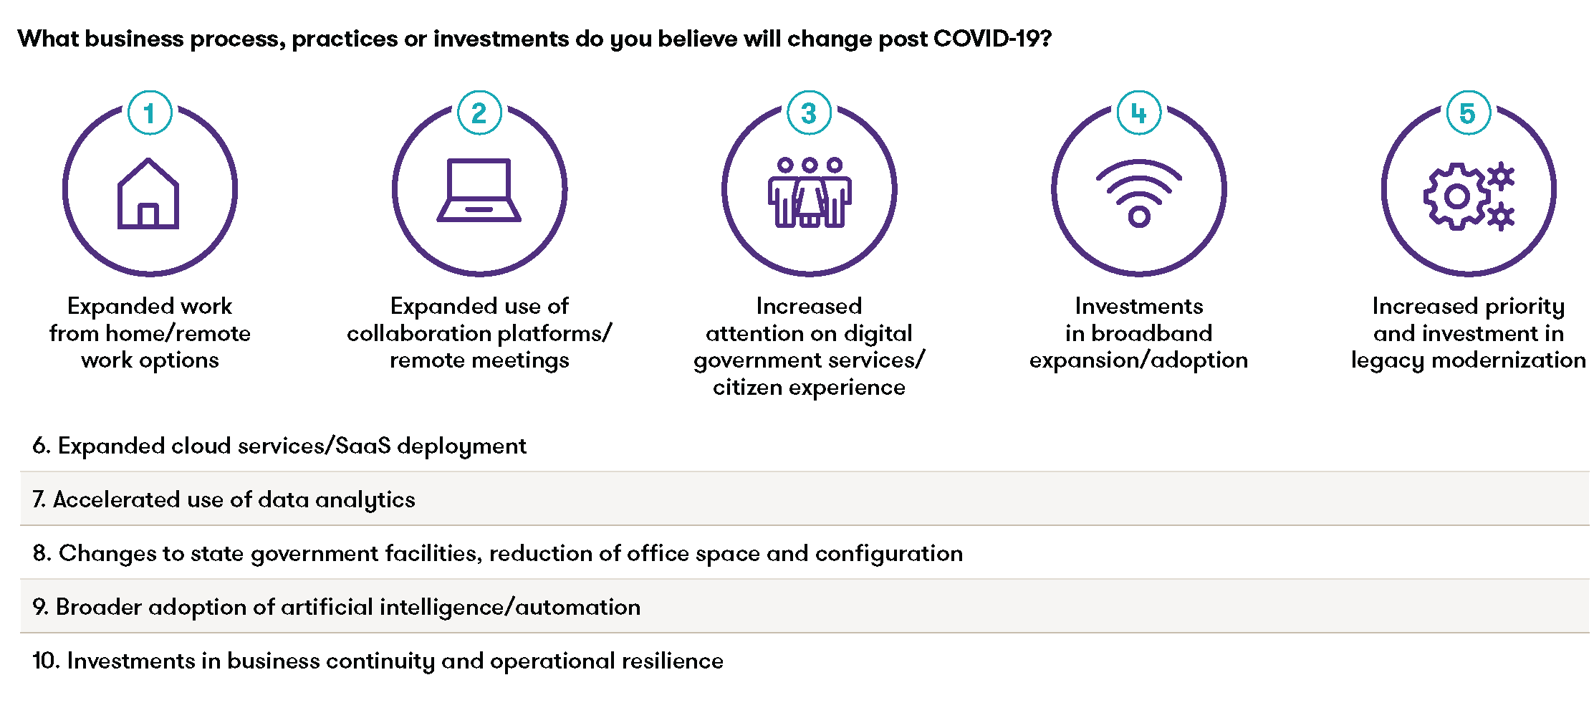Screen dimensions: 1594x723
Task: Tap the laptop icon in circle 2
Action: tap(479, 190)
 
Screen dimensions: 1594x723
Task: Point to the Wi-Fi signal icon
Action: tap(1139, 193)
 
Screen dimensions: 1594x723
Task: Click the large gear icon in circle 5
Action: tap(1457, 196)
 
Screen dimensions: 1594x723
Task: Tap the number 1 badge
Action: tap(150, 112)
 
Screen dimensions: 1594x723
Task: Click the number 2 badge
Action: tap(479, 112)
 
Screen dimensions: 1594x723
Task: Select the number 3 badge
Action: tap(810, 112)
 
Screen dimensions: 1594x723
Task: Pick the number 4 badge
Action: tap(1139, 112)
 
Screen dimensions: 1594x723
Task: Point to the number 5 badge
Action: tap(1469, 112)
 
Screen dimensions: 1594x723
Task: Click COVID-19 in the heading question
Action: tap(992, 38)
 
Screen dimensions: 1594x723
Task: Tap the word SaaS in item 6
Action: tap(363, 446)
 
